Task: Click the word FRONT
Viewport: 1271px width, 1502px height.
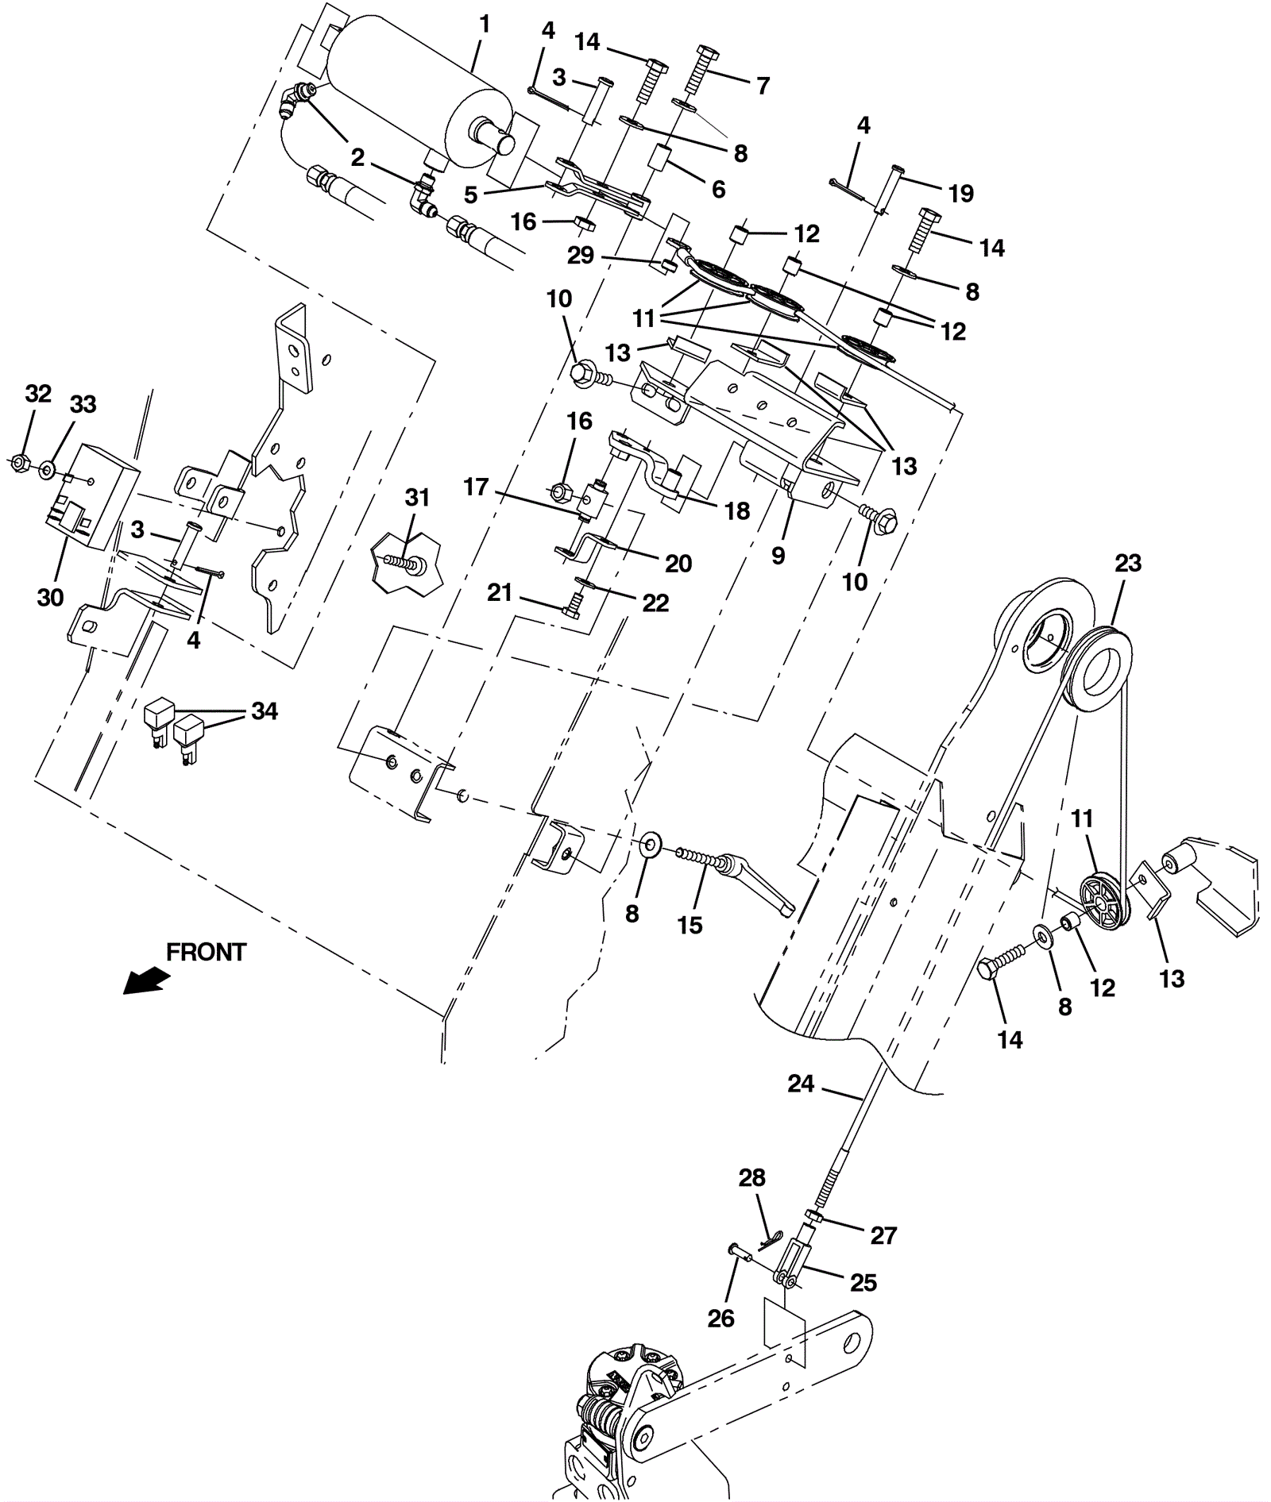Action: (207, 952)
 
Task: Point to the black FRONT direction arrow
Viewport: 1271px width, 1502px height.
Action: (148, 981)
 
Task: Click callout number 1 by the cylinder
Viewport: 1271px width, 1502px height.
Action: (484, 25)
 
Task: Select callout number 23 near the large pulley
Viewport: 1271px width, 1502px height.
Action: (1127, 563)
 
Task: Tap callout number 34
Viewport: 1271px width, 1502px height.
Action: (265, 711)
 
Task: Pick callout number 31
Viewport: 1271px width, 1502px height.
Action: (417, 498)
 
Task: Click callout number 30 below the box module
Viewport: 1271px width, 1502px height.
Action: (50, 597)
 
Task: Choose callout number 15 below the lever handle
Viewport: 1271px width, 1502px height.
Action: (690, 925)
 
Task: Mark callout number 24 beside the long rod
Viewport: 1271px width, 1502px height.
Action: (801, 1083)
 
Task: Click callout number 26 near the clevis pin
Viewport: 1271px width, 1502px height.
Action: (721, 1318)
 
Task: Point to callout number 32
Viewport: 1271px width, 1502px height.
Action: (38, 393)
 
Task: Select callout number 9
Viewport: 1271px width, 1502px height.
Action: (778, 556)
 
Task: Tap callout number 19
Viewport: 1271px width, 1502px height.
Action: (961, 193)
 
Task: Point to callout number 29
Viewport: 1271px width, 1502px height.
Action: (581, 256)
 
